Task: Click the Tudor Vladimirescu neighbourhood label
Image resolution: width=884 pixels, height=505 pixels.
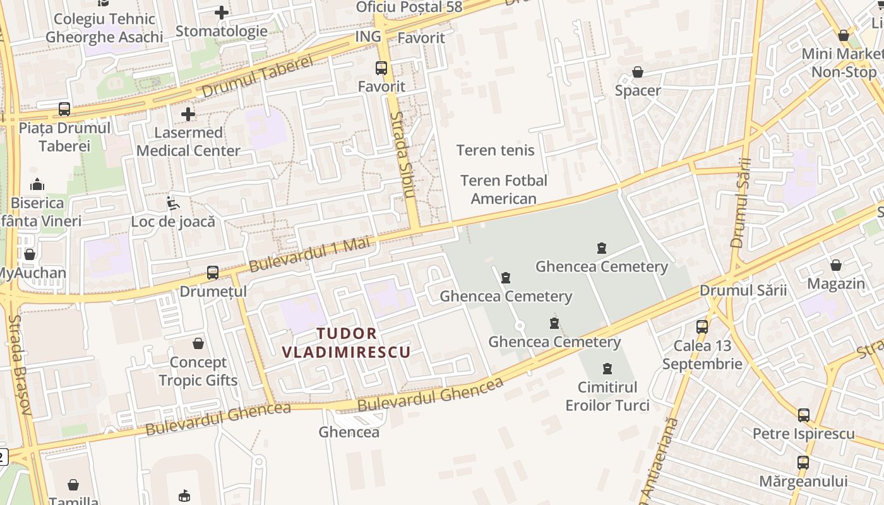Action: pyautogui.click(x=346, y=343)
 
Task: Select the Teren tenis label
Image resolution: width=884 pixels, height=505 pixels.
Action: pyautogui.click(x=495, y=150)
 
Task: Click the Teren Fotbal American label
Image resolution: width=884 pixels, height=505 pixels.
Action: pyautogui.click(x=503, y=189)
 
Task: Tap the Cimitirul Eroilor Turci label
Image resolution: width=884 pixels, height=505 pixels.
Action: pyautogui.click(x=607, y=396)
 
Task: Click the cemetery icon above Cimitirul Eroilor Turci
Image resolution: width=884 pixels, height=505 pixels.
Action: pyautogui.click(x=607, y=368)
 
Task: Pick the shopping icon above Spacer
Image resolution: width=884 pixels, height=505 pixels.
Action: pyautogui.click(x=638, y=72)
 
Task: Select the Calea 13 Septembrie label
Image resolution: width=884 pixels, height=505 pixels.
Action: pyautogui.click(x=702, y=355)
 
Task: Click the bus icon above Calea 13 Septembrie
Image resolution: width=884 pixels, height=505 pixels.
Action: pyautogui.click(x=702, y=326)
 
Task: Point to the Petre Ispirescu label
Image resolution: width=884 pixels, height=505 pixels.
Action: pyautogui.click(x=803, y=434)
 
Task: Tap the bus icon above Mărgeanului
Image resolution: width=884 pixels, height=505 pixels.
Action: pyautogui.click(x=803, y=462)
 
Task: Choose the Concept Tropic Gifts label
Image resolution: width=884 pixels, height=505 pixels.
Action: pyautogui.click(x=198, y=371)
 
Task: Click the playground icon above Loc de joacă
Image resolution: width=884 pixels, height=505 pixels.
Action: pyautogui.click(x=172, y=203)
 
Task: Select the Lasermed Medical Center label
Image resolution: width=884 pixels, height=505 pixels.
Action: pyautogui.click(x=188, y=141)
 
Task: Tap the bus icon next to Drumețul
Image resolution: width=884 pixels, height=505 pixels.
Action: pyautogui.click(x=213, y=273)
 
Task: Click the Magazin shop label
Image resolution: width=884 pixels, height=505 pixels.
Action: pyautogui.click(x=836, y=283)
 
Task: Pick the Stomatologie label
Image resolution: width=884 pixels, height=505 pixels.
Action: pyautogui.click(x=221, y=31)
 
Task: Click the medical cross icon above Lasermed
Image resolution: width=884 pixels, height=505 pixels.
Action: pyautogui.click(x=188, y=114)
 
